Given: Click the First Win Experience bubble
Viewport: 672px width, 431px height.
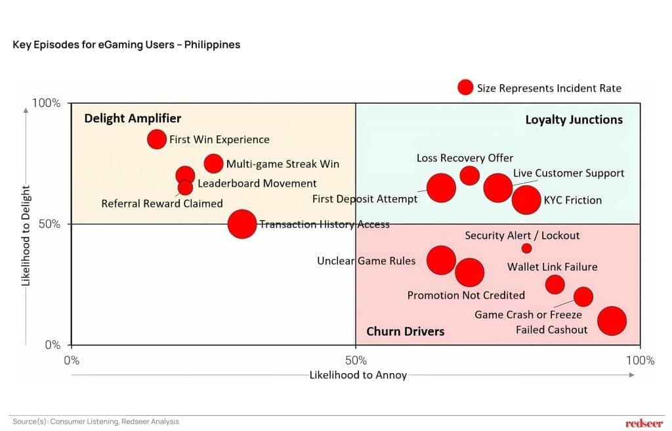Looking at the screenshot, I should coord(156,139).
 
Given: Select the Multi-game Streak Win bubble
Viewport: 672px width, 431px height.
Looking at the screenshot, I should coord(213,164).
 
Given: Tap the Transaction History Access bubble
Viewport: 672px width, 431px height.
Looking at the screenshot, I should coord(242,224).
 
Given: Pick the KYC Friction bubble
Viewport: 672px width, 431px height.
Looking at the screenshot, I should coord(526,200).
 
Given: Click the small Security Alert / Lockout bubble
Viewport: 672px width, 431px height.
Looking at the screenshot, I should coord(526,248).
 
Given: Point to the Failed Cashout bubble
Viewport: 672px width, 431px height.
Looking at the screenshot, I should coord(612,321).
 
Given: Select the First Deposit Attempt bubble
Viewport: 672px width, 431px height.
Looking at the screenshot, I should coord(441,188).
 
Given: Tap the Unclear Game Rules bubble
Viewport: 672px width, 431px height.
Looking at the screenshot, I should coord(441,260).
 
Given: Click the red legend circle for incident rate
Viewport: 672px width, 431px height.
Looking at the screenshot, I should coord(465,88).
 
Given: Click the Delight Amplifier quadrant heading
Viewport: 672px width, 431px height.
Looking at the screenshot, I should coord(133,118).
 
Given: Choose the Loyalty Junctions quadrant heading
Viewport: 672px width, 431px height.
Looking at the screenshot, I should coord(574,120).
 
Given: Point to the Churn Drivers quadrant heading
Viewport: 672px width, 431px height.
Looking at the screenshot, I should coord(405,331).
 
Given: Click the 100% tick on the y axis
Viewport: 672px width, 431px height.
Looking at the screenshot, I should coord(47,103).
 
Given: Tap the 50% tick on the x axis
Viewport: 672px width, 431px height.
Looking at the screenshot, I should coord(355,360).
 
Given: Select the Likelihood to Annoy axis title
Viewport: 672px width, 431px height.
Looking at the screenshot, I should coord(358,375).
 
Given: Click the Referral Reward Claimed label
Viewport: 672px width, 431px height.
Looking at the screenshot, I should coord(162,204).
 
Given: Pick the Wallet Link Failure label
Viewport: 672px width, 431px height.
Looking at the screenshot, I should coord(552,267).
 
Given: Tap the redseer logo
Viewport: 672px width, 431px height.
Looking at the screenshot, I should coord(644,422).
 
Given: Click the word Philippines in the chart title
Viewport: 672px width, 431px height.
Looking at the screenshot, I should coord(212,45).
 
